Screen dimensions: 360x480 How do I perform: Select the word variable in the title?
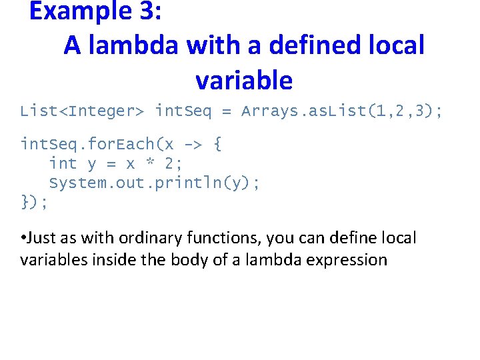[244, 81]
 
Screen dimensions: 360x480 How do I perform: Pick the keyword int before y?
[63, 163]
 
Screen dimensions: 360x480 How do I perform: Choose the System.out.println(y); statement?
[154, 183]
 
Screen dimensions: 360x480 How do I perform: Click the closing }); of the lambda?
[34, 202]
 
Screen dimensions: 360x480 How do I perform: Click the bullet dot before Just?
[23, 238]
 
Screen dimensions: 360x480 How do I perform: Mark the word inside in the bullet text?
[111, 259]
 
